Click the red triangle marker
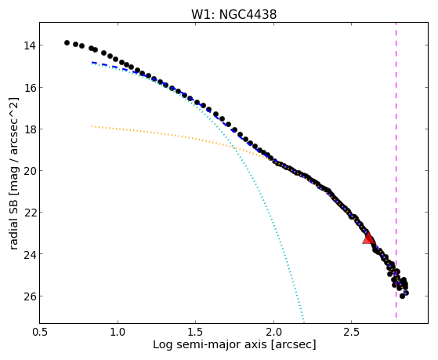coord(368,238)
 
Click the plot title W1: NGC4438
coord(233,15)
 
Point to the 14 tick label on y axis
coord(29,45)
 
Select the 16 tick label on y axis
coord(29,88)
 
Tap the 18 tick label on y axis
coord(29,129)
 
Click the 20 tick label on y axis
coord(29,171)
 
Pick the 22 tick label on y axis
coord(29,213)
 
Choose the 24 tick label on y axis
coord(29,254)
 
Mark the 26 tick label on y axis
coord(29,296)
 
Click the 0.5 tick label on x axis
coord(40,332)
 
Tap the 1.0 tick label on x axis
coord(118,332)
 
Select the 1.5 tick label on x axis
coord(196,332)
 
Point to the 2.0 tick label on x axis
coord(273,332)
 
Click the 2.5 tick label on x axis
coord(351,332)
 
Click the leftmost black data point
coord(67,42)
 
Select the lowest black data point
coord(402,296)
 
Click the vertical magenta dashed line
coord(396,170)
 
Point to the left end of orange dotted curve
coord(92,126)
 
